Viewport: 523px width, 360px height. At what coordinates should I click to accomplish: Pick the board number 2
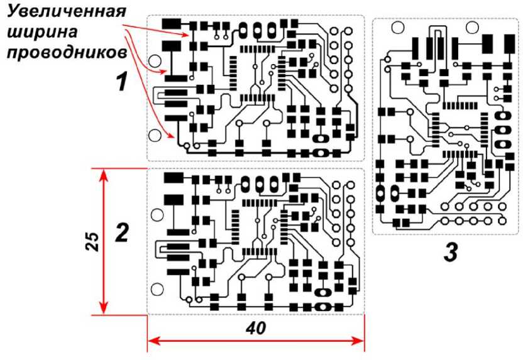coord(121,234)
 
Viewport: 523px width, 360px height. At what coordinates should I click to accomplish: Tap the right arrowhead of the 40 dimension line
coord(360,342)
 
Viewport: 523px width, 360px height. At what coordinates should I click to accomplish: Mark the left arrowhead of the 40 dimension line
coord(151,342)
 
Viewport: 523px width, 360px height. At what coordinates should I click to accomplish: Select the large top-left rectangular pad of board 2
coord(172,178)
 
